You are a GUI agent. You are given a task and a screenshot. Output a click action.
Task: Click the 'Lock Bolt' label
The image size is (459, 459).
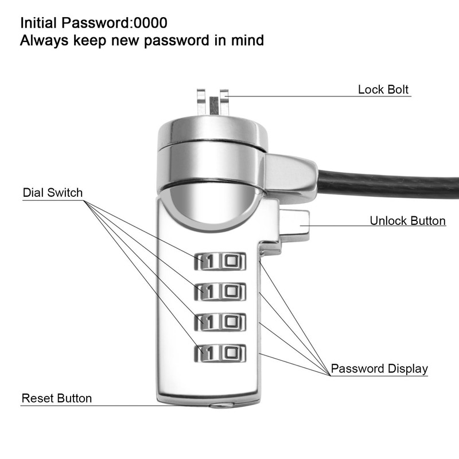pos(383,90)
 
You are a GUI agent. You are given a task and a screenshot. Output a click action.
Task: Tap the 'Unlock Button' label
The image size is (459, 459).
pos(407,221)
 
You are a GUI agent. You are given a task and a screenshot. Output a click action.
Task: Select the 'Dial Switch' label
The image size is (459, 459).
pos(53,192)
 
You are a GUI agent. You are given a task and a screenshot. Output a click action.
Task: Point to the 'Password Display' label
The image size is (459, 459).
pos(379,368)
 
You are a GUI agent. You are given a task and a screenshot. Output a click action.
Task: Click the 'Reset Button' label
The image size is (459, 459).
pos(56,398)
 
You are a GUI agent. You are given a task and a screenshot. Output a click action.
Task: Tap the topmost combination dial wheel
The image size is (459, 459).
pos(221,261)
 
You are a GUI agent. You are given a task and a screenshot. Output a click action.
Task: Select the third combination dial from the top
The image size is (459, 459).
pos(221,322)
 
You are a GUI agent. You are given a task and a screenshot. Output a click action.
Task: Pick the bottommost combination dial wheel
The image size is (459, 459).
pos(221,353)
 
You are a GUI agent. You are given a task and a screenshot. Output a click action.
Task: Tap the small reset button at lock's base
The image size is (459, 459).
pos(221,405)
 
